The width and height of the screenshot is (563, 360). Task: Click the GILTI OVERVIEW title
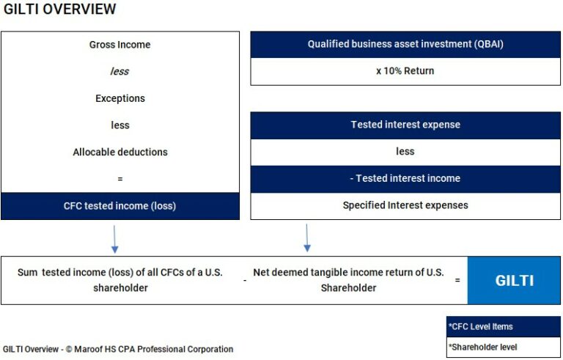[59, 10]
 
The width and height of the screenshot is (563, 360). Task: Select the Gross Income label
[119, 45]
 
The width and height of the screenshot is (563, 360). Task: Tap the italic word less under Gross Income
[119, 71]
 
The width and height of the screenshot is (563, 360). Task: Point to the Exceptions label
[119, 98]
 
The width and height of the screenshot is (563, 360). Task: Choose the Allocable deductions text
[119, 152]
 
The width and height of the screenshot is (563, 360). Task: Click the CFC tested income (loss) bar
[119, 206]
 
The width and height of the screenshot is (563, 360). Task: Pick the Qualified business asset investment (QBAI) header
[405, 45]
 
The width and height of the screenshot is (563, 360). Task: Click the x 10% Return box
[405, 71]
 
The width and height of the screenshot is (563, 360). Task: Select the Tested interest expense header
[405, 125]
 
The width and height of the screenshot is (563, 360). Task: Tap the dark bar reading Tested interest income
[405, 178]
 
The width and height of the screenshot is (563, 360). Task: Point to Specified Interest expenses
[405, 205]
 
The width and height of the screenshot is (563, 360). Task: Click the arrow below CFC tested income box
[114, 238]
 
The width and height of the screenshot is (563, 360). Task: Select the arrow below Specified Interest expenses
[307, 238]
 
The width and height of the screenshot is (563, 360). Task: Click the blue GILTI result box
[514, 280]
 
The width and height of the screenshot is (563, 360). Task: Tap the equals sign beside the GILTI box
[457, 280]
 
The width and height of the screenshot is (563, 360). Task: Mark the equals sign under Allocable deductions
[119, 179]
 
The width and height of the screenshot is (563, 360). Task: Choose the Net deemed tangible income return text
[348, 280]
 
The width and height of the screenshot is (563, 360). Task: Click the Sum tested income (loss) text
[120, 280]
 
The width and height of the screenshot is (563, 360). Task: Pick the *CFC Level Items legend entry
[503, 326]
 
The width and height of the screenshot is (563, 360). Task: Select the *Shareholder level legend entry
[503, 347]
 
